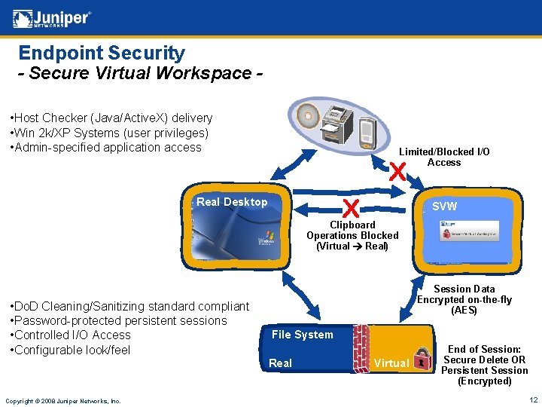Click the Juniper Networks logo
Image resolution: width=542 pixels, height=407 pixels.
tap(52, 18)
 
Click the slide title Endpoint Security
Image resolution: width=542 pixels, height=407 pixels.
tap(102, 53)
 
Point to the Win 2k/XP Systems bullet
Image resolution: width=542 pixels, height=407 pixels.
tap(108, 133)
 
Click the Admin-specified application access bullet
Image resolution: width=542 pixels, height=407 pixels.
tap(105, 147)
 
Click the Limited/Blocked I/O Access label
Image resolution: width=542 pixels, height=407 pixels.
tap(444, 157)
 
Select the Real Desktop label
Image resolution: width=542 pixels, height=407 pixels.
tap(232, 202)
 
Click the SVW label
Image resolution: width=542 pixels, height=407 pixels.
tap(444, 207)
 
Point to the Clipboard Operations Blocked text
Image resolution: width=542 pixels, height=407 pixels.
tap(352, 235)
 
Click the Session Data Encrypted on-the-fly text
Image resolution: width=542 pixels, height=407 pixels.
tap(464, 299)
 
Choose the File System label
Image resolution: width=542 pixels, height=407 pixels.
tap(302, 335)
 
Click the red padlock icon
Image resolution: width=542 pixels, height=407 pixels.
tap(423, 358)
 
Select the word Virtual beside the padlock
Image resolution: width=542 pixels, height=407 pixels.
tap(391, 363)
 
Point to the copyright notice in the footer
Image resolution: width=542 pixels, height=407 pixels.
tap(62, 400)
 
